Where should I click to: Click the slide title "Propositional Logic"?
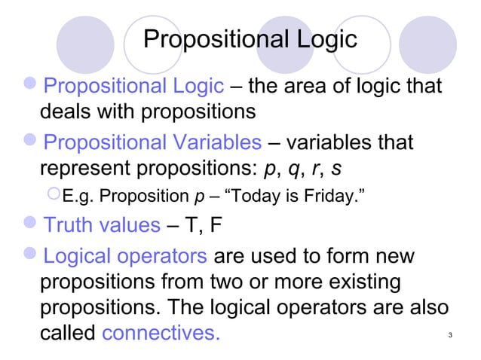click(250, 39)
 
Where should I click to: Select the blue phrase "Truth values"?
click(103, 224)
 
